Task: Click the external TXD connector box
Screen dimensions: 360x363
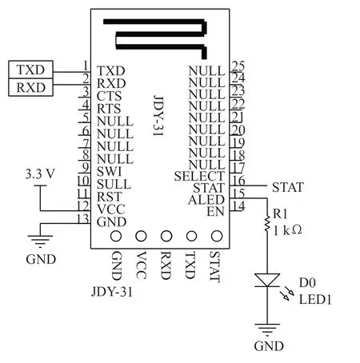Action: pos(30,70)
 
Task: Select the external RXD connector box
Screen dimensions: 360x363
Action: pos(30,87)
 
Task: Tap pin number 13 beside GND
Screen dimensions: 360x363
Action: pos(83,218)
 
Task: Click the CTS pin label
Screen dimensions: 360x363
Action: pos(109,96)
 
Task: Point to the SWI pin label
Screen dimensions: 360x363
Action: pos(109,171)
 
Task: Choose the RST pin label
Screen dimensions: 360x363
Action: pos(110,197)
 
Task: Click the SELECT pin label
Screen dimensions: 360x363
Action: pos(199,176)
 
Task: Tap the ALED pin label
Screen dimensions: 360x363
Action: pos(206,200)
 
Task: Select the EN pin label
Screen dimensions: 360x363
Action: pos(215,212)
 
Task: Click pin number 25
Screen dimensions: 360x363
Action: pos(238,66)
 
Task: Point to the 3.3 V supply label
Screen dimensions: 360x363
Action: pos(40,174)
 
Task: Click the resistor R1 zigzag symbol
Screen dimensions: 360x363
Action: pos(267,224)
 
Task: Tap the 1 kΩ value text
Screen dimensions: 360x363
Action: pos(287,230)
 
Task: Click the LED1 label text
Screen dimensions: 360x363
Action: pos(315,300)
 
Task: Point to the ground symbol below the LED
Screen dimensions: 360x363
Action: pos(267,329)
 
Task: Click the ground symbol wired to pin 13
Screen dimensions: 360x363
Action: pos(40,241)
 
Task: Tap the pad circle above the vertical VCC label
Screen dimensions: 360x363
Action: pos(141,236)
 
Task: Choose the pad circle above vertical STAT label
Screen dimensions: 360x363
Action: pos(217,236)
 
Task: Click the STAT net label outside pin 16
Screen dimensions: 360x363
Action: pos(288,187)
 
